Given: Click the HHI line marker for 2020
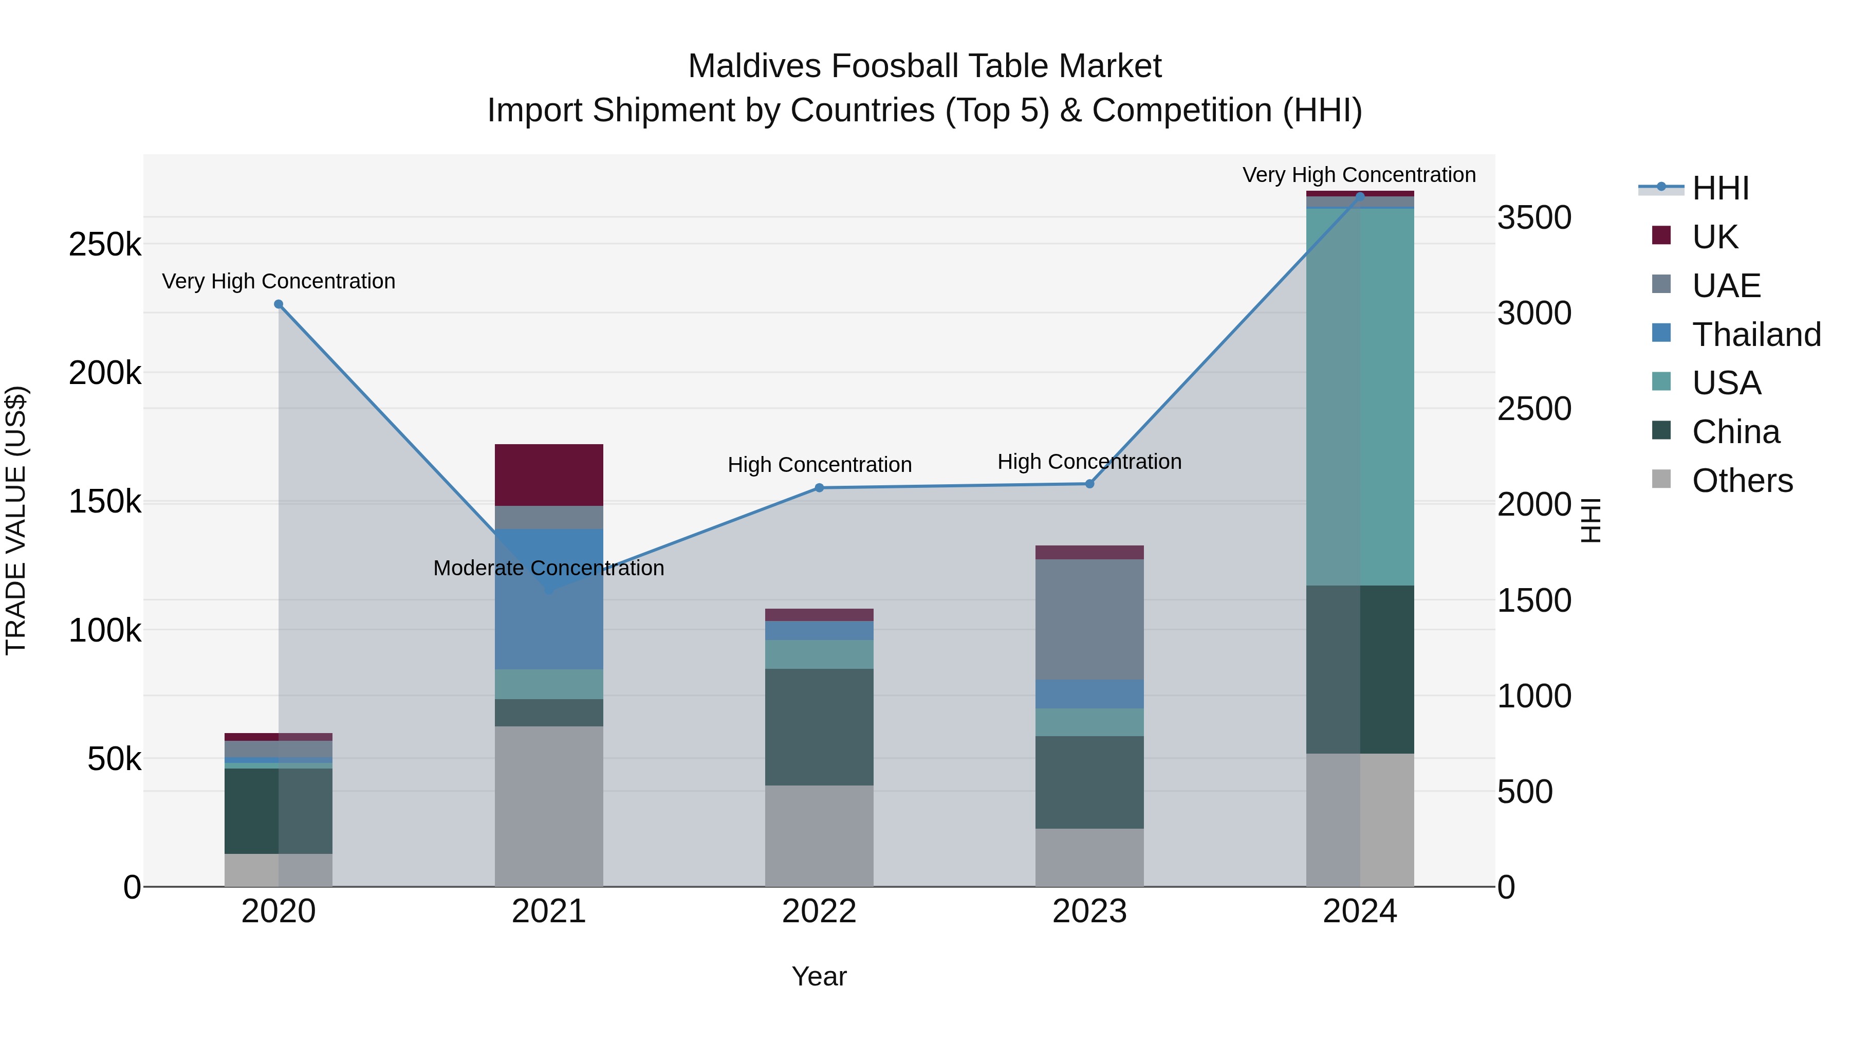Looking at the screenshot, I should (x=279, y=304).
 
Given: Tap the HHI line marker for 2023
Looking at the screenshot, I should (x=1089, y=484).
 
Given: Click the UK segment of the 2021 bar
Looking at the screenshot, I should (x=549, y=475).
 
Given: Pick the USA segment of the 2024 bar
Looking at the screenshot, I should (x=1359, y=396).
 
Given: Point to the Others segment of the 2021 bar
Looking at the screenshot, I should (x=549, y=806).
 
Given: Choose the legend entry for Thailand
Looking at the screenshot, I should (x=1756, y=334).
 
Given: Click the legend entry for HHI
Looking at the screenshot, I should (x=1719, y=188).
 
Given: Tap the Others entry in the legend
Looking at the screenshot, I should (x=1742, y=480).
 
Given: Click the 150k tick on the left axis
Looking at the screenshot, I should (x=105, y=501).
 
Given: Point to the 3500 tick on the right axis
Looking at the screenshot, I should (x=1534, y=217).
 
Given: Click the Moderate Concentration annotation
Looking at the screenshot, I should (x=549, y=568).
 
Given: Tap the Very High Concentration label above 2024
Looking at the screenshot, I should (x=1359, y=175).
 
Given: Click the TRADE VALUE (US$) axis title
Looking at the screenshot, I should (x=16, y=520).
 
